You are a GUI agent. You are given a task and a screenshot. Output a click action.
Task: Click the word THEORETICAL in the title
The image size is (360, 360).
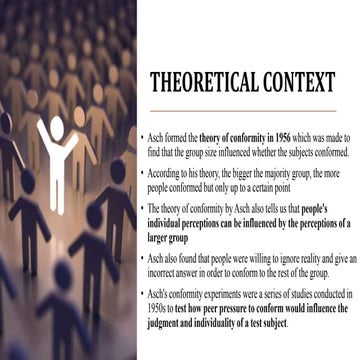210,81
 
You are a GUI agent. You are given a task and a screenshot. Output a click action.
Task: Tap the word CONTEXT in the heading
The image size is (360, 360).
300,81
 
